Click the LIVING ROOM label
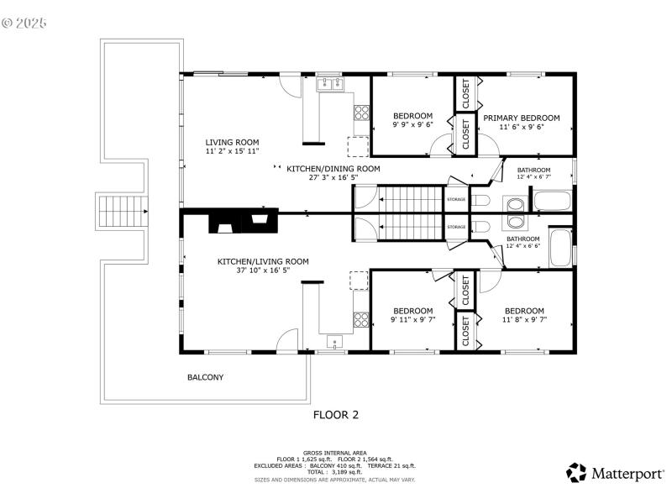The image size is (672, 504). pyautogui.click(x=232, y=142)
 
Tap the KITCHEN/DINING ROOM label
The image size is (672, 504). pyautogui.click(x=333, y=169)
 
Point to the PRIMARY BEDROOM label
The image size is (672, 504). pyautogui.click(x=521, y=118)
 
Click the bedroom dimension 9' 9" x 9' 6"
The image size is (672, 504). pyautogui.click(x=413, y=125)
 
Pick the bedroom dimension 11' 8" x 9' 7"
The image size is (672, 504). pyautogui.click(x=523, y=320)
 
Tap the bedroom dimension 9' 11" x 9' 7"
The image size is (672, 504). pyautogui.click(x=413, y=320)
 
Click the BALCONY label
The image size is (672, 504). pyautogui.click(x=205, y=377)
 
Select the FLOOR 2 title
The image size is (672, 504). pyautogui.click(x=336, y=414)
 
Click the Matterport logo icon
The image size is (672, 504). pyautogui.click(x=576, y=473)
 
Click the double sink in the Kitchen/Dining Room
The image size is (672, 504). pyautogui.click(x=329, y=83)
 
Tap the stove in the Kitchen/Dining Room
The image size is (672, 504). pyautogui.click(x=361, y=112)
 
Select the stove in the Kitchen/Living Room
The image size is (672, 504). pyautogui.click(x=361, y=319)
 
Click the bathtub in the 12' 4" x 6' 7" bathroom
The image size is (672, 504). pyautogui.click(x=552, y=202)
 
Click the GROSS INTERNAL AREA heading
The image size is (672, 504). pyautogui.click(x=335, y=453)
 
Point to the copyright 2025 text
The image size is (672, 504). pyautogui.click(x=24, y=23)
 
